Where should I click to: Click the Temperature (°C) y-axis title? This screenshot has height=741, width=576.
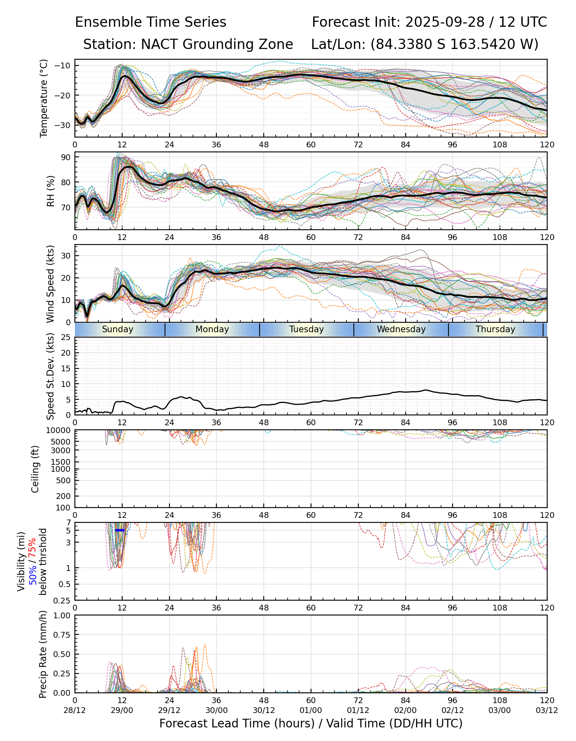[44, 98]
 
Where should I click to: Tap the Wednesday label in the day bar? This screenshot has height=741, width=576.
[401, 329]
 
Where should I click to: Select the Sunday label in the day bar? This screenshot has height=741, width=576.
[118, 329]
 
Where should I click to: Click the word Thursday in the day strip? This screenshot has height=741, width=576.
[495, 329]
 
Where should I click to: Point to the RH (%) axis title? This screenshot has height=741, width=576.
[51, 191]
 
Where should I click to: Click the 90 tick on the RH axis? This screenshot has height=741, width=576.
[66, 157]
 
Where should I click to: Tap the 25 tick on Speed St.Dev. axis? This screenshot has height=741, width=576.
[66, 338]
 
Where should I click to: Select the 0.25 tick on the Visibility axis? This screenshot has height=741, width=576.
[63, 600]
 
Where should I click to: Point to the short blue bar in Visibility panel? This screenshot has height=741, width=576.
[119, 530]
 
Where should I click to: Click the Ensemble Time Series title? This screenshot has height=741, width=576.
[151, 22]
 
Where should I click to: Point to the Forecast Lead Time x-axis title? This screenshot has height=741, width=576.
[311, 723]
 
